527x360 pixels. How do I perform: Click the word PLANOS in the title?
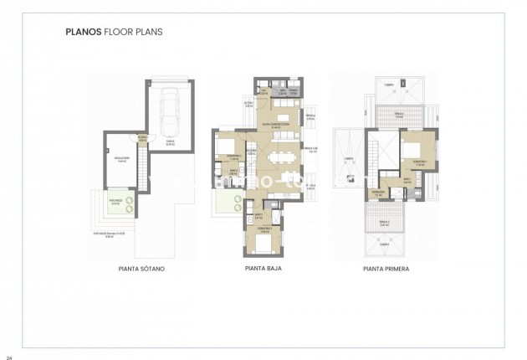click(x=82, y=35)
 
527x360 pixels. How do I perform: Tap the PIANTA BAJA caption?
click(x=263, y=270)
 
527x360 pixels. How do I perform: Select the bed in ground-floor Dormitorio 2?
click(x=228, y=149)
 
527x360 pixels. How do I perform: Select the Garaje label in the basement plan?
click(x=171, y=143)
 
